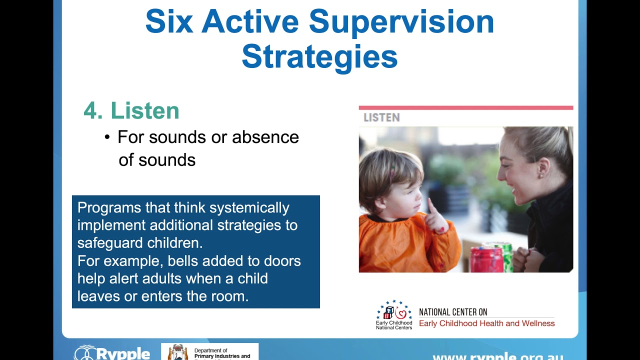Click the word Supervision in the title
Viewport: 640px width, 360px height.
401,22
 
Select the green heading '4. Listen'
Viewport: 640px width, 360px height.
131,110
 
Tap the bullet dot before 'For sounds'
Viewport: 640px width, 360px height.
107,137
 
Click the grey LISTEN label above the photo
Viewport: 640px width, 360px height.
381,117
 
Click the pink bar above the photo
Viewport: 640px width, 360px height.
465,107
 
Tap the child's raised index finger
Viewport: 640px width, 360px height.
429,206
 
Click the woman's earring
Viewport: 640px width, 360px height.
539,176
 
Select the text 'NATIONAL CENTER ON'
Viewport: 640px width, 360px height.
453,312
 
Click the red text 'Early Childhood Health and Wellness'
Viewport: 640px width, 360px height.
486,323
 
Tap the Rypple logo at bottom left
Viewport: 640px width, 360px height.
112,353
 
